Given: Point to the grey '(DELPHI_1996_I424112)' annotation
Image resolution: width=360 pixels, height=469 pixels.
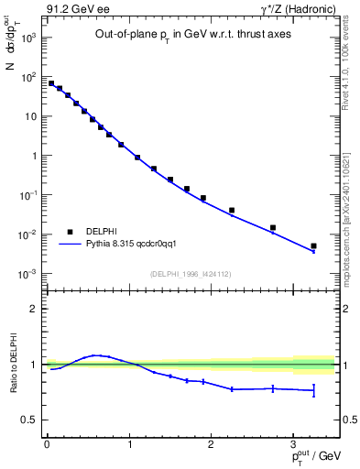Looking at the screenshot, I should pos(191,272).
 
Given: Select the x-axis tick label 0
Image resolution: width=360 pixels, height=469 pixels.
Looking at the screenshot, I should pos(47,443).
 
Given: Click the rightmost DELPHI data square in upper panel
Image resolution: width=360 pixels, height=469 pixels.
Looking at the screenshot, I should pos(313,245).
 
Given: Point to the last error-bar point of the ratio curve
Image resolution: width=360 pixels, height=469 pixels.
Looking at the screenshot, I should pos(313,391).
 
